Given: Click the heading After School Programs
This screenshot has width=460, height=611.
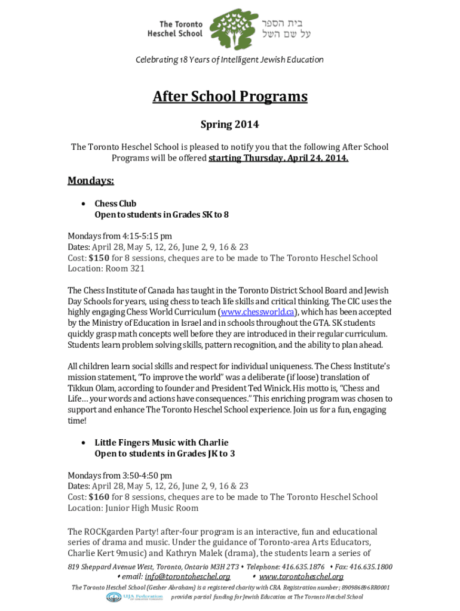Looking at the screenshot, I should coord(230,97).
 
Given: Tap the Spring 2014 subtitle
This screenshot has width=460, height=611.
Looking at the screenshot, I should coord(230,125).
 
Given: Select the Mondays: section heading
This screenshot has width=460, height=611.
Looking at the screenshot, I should coord(91,181).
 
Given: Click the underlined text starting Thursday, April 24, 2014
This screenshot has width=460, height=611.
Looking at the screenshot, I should coord(278,158).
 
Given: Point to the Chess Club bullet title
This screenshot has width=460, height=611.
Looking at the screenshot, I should coord(115,203).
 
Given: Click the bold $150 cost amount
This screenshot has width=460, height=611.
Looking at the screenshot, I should coord(99,258).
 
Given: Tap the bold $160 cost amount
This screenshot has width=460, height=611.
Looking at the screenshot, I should coord(99,497).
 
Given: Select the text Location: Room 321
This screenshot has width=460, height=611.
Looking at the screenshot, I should coord(106,269).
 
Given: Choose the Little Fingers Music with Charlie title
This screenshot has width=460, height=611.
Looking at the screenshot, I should coord(161,443).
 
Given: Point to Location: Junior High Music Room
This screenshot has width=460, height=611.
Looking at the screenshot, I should coord(133,508).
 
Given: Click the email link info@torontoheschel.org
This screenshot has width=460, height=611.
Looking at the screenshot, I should coord(188,576).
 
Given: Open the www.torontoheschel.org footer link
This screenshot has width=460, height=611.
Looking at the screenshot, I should coord(301,576).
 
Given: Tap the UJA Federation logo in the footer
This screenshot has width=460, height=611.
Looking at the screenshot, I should coord(135,597).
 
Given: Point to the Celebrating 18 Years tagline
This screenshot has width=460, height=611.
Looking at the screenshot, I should coord(230,60).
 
